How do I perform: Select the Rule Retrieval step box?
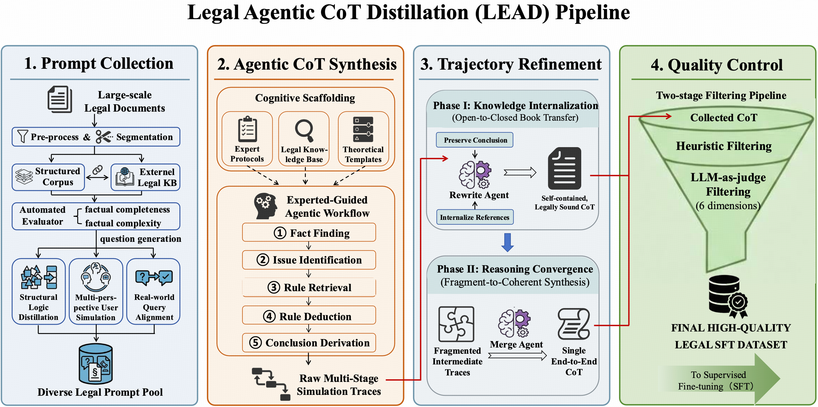pyautogui.click(x=309, y=287)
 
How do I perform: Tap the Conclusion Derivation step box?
pyautogui.click(x=309, y=342)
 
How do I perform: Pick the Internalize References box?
pyautogui.click(x=475, y=217)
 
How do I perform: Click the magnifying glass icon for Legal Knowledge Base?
pyautogui.click(x=304, y=130)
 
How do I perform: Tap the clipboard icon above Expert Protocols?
pyautogui.click(x=247, y=129)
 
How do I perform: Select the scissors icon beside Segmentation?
pyautogui.click(x=104, y=136)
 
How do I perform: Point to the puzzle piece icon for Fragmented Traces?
pyautogui.click(x=456, y=324)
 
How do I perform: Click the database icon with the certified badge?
pyautogui.click(x=728, y=297)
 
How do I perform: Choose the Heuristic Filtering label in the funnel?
pyautogui.click(x=724, y=146)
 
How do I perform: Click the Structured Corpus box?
pyautogui.click(x=48, y=177)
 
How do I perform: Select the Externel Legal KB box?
pyautogui.click(x=145, y=177)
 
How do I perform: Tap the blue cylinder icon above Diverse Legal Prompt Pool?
pyautogui.click(x=96, y=364)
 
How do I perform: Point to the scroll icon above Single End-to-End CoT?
pyautogui.click(x=574, y=324)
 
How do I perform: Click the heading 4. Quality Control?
pyautogui.click(x=717, y=65)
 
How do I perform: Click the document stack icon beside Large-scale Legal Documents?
pyautogui.click(x=60, y=99)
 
